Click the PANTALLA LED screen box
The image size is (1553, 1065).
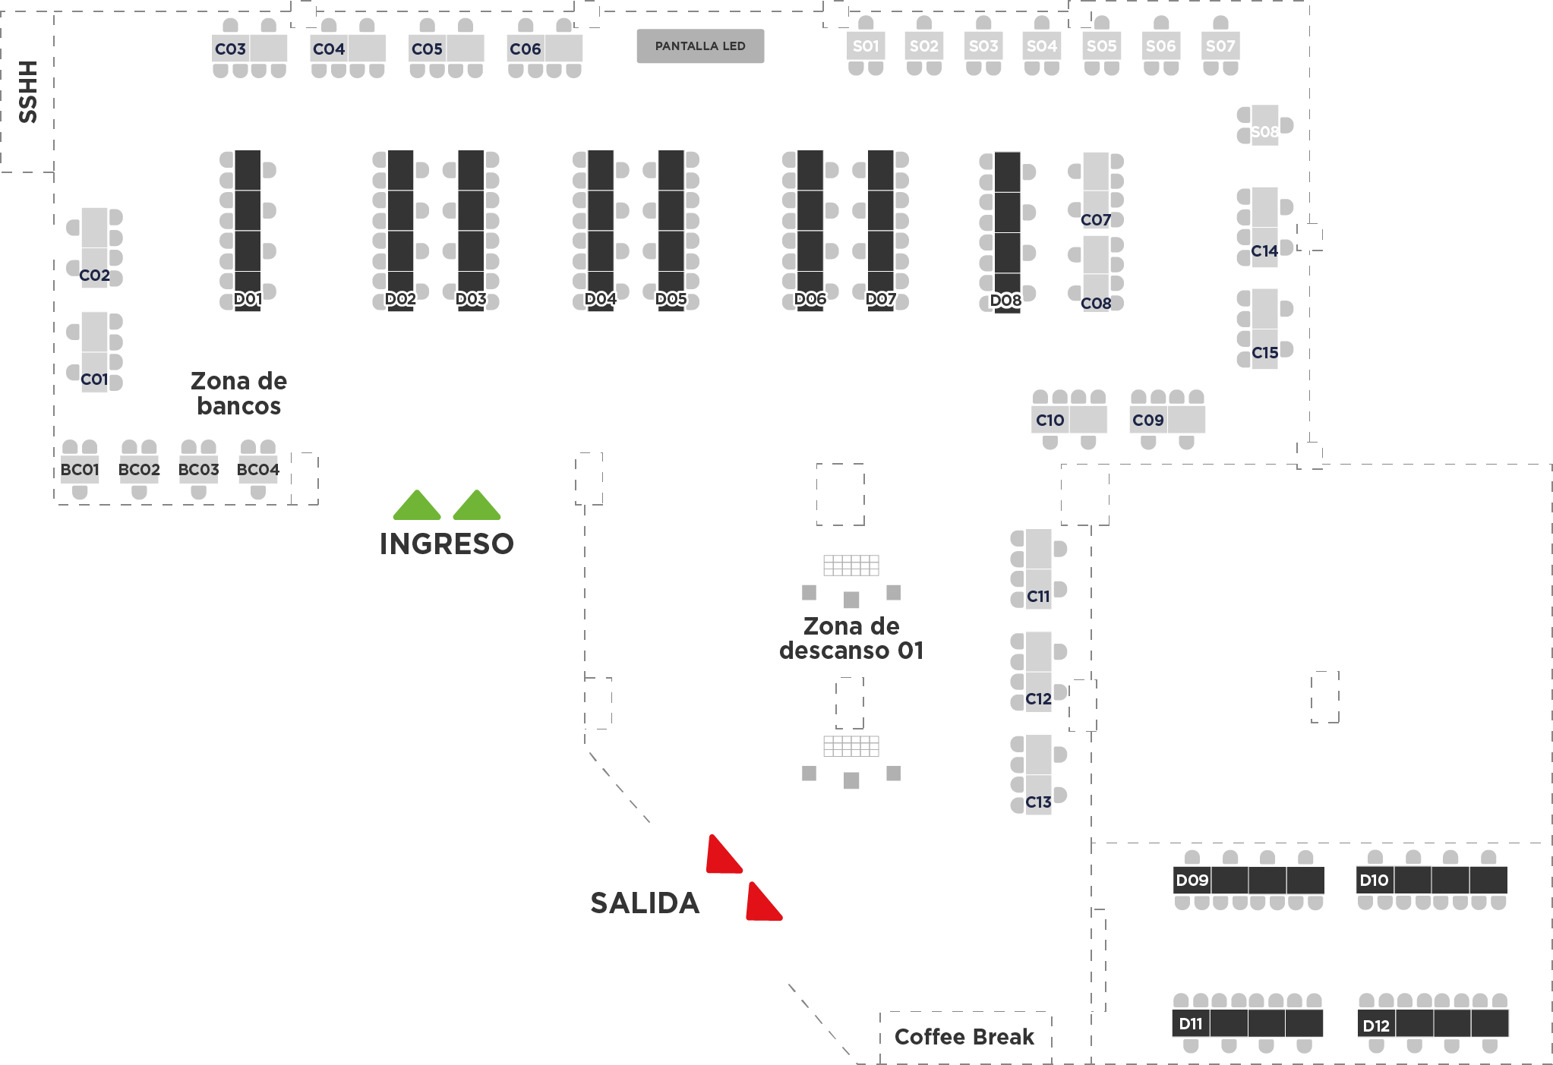click(700, 46)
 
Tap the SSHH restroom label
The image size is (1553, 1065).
click(28, 92)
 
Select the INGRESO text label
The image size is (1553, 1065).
click(447, 544)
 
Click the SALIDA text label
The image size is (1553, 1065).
click(645, 903)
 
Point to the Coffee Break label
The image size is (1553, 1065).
click(964, 1037)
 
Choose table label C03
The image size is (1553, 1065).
click(230, 49)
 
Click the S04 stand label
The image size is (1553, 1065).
click(1042, 46)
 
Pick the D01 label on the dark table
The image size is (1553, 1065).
click(248, 299)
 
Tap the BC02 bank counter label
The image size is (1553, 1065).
click(139, 470)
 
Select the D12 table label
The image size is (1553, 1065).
click(1376, 1026)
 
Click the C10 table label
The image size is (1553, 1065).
click(1050, 421)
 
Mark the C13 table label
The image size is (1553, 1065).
click(1039, 802)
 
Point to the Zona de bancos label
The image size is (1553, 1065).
click(238, 393)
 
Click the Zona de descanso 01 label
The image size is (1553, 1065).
click(851, 638)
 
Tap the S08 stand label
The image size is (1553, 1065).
click(1264, 132)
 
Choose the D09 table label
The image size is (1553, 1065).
click(1192, 881)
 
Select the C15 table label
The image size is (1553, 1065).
click(1265, 353)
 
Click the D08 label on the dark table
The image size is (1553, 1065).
click(1006, 301)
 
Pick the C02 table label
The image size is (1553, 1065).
click(94, 276)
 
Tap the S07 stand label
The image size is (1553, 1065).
click(1220, 46)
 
